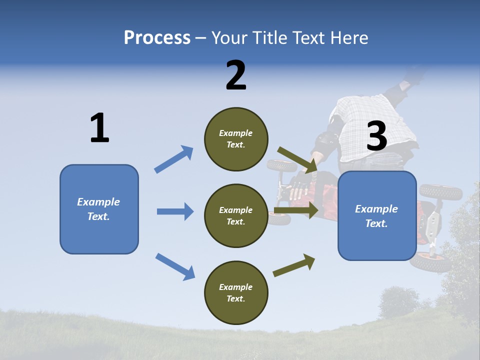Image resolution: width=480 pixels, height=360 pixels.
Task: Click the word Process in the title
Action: (x=157, y=38)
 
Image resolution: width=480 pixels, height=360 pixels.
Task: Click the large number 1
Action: (x=99, y=128)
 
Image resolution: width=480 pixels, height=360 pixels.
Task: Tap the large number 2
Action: (x=236, y=75)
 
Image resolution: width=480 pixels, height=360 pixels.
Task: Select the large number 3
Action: (x=376, y=136)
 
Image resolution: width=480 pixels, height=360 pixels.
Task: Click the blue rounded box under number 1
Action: (x=99, y=209)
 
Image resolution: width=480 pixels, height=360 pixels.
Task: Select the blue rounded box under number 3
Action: (x=377, y=216)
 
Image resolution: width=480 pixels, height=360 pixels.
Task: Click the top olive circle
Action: (x=236, y=139)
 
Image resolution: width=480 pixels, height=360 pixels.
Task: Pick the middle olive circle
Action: (x=236, y=215)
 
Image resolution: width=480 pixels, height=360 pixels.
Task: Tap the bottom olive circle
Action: (x=236, y=292)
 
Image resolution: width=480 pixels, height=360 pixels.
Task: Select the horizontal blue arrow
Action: (x=175, y=211)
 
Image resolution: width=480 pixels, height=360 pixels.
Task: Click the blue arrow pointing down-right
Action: (x=175, y=266)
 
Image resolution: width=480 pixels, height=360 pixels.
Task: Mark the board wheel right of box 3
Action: (x=440, y=192)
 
